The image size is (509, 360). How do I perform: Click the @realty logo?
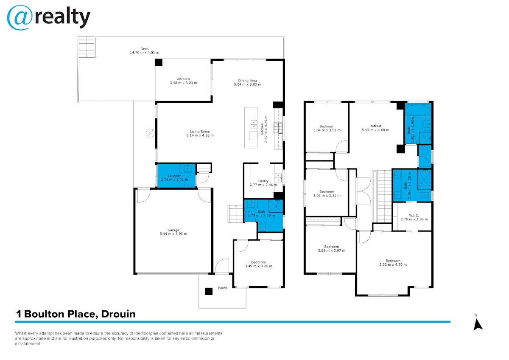(x=49, y=18)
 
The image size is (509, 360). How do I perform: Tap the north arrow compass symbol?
(x=478, y=325)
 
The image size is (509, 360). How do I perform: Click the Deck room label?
(x=145, y=49)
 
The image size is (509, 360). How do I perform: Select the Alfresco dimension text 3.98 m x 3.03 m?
(x=183, y=83)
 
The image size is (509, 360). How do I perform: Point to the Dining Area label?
(x=247, y=81)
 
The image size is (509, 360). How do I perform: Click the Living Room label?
(x=200, y=132)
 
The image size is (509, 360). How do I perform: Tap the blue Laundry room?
(x=176, y=176)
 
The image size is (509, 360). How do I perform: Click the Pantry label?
(x=263, y=181)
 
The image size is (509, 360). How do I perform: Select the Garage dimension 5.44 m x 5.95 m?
(x=173, y=234)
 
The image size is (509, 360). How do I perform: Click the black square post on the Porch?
(x=209, y=291)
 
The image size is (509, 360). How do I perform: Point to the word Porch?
(x=222, y=288)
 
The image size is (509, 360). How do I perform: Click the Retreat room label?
(x=375, y=126)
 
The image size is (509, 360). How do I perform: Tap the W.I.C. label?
(x=414, y=215)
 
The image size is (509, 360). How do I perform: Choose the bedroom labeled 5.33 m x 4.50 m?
(x=393, y=263)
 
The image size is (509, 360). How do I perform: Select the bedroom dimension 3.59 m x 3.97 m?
(x=332, y=250)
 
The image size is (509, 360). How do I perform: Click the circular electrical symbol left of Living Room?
(x=150, y=133)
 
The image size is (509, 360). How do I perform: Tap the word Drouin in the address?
(x=118, y=314)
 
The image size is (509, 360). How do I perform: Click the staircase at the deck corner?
(x=87, y=47)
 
